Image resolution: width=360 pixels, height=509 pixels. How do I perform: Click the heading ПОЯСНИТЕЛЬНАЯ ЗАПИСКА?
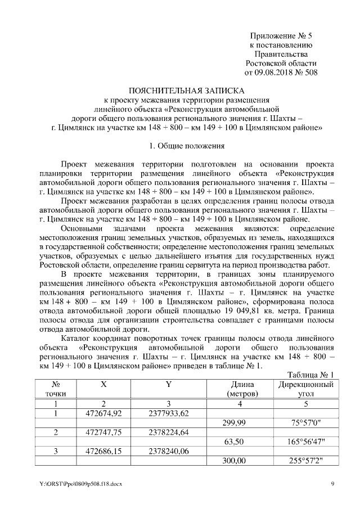(186, 90)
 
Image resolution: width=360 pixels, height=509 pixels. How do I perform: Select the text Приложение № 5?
(281, 35)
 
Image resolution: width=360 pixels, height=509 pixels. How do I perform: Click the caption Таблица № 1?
(310, 375)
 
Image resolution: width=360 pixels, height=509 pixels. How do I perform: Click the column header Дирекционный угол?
(305, 389)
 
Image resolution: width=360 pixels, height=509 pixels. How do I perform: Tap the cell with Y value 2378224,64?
(168, 433)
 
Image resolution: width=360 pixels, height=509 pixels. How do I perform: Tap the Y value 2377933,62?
(168, 413)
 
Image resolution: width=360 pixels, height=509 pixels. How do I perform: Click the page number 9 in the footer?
(332, 484)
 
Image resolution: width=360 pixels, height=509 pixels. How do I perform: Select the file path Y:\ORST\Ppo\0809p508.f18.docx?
(80, 484)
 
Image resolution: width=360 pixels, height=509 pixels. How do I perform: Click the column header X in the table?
(103, 385)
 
